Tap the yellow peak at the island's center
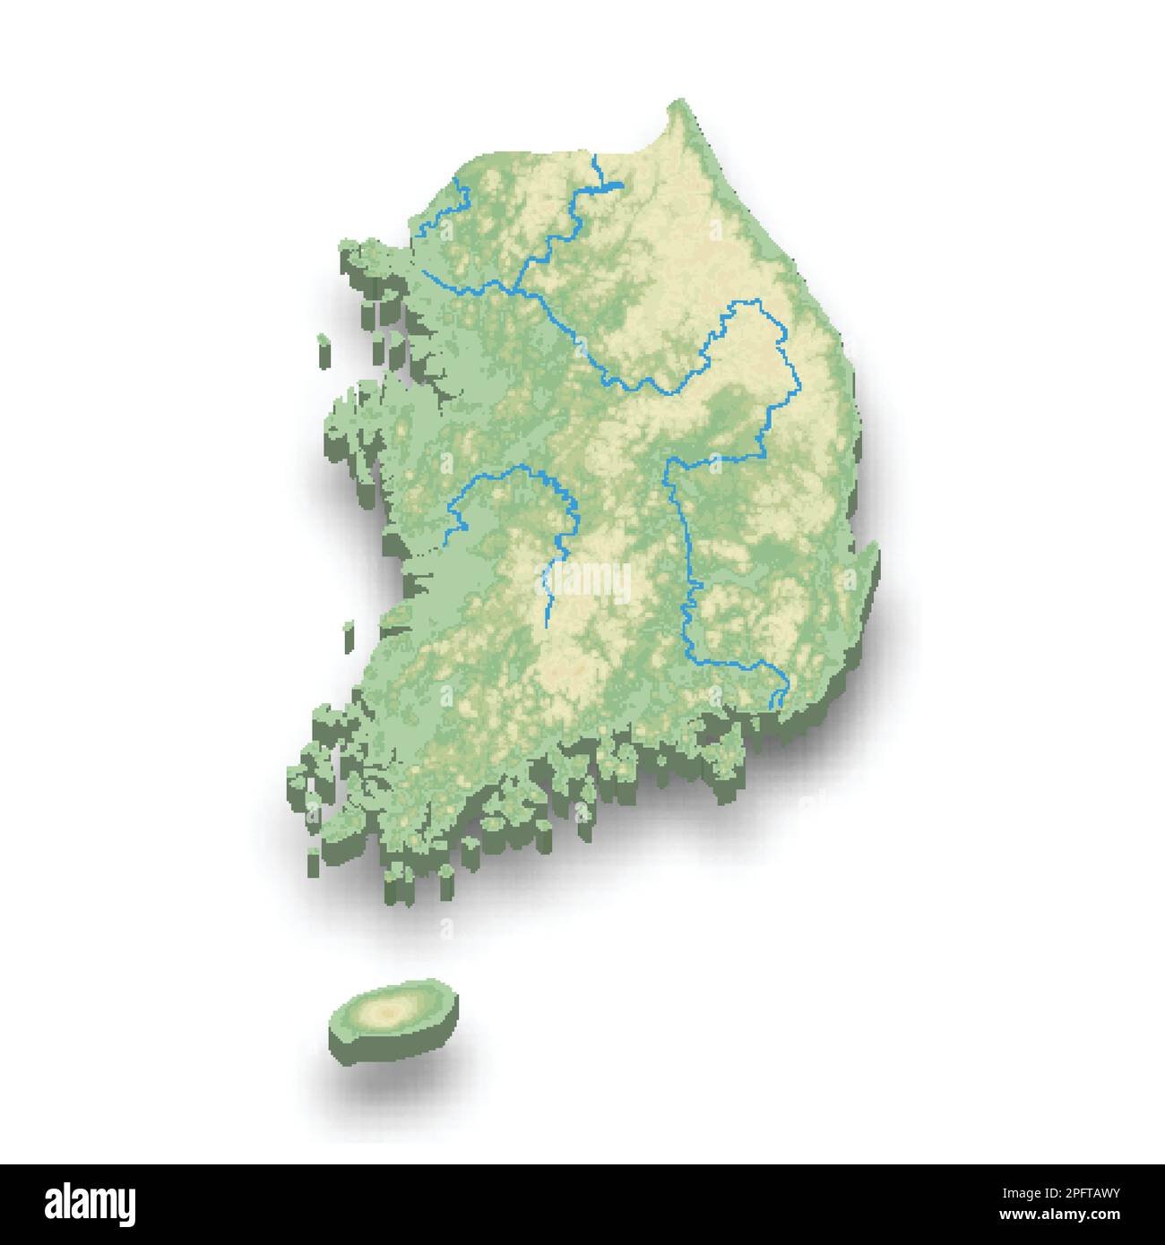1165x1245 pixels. tap(388, 1012)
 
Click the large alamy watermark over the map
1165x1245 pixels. tap(587, 582)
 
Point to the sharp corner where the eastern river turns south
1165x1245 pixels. tap(667, 463)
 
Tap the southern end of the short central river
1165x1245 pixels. tap(547, 618)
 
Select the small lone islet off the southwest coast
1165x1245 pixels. tap(348, 629)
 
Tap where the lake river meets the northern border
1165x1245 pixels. tap(594, 157)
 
